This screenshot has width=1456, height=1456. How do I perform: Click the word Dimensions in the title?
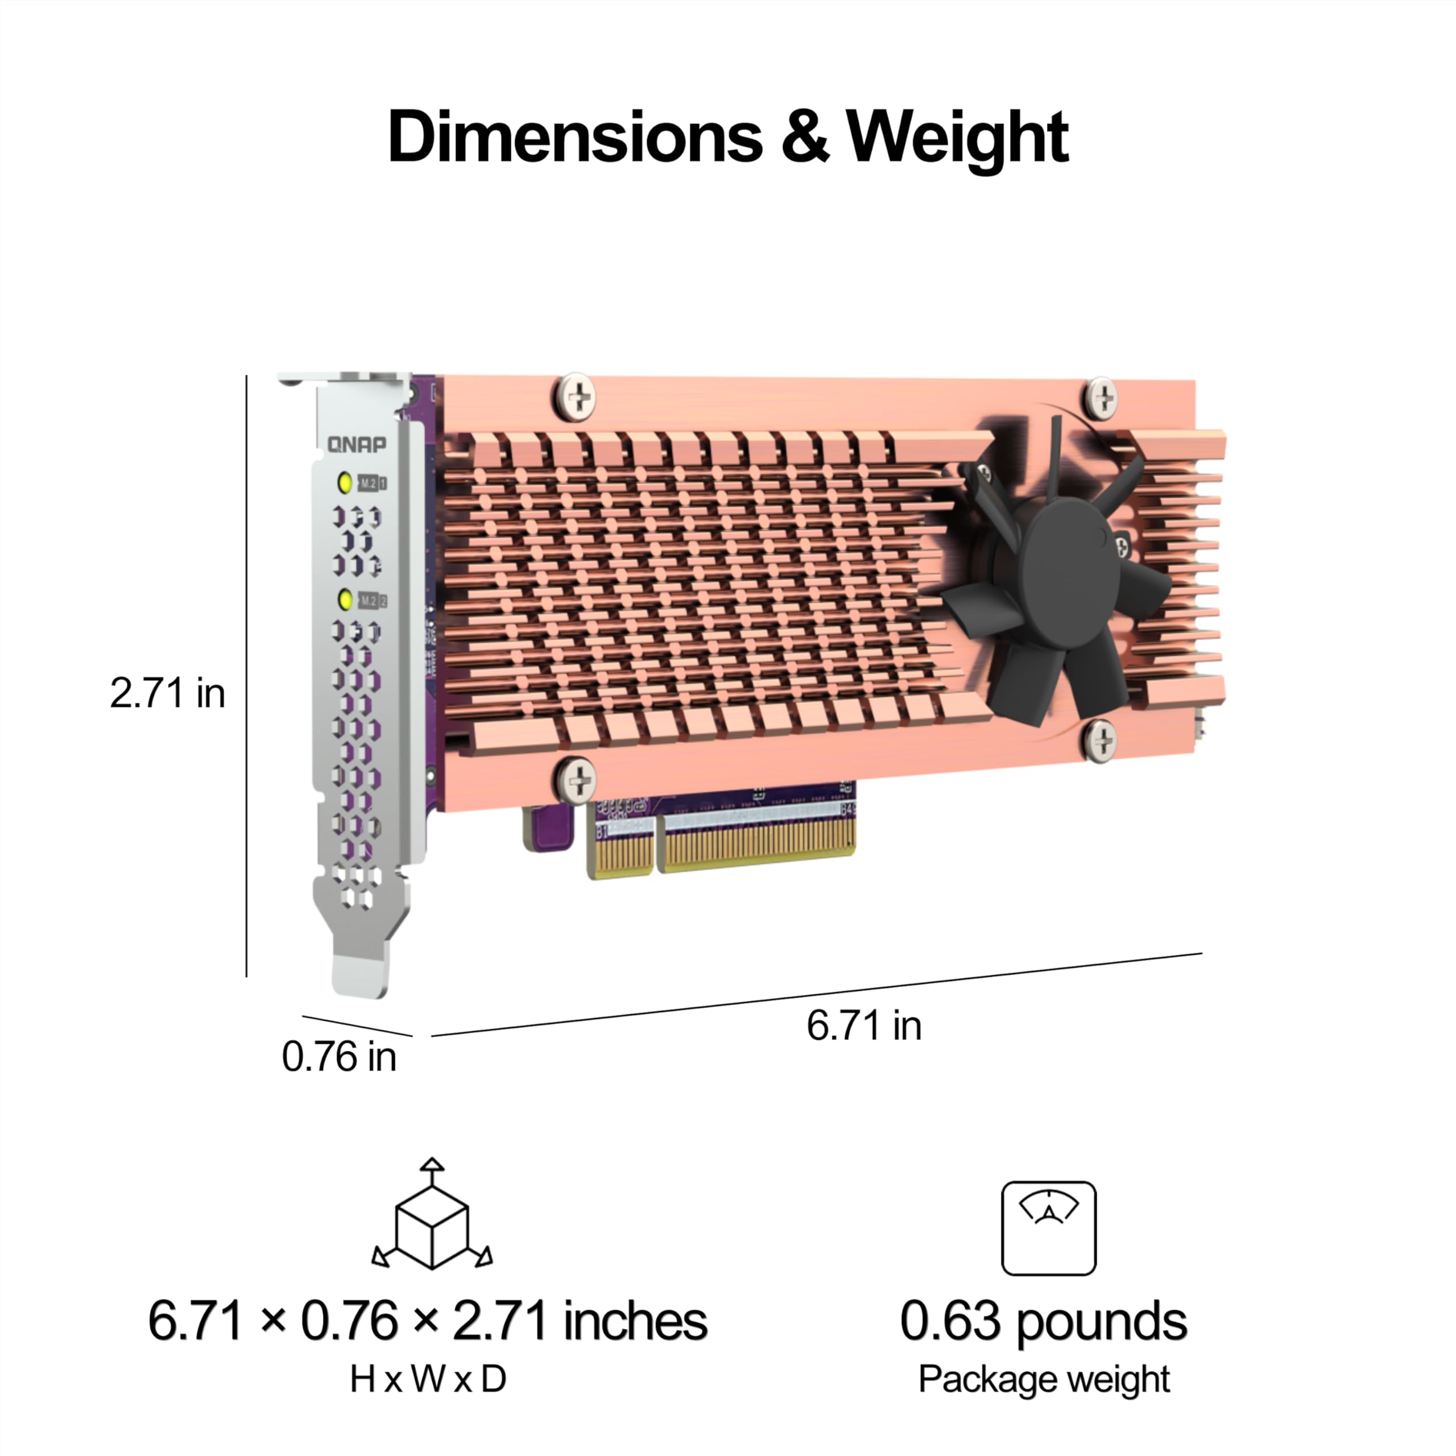[575, 136]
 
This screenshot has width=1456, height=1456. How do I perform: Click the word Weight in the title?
[957, 139]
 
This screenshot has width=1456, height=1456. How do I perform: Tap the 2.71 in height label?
[167, 693]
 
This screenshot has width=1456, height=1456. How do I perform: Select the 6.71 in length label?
[864, 1025]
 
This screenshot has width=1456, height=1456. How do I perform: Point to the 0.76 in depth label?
[338, 1057]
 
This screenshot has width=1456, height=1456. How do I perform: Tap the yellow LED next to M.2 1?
[345, 482]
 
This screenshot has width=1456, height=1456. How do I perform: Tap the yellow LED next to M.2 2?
[345, 600]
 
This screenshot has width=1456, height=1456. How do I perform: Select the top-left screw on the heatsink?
[577, 397]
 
